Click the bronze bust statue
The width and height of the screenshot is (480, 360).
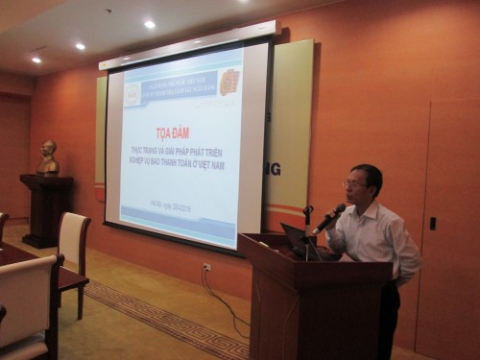pos(48,157)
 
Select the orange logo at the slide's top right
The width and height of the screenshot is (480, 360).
pos(228,82)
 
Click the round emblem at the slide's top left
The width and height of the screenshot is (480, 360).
pos(132,94)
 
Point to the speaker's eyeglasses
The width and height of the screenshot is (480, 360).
pos(354,183)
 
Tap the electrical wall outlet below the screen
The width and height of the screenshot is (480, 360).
pos(206,268)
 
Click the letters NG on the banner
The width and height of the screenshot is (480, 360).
pos(275,169)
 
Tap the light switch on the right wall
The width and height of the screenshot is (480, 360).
pos(432,223)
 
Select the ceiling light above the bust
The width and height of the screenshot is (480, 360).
pos(36,60)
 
